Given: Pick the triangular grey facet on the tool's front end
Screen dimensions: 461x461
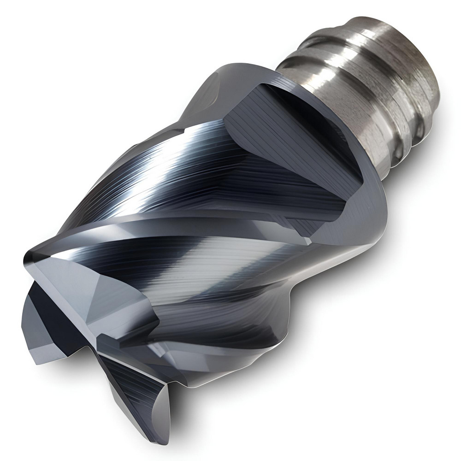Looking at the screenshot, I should click(111, 295).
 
